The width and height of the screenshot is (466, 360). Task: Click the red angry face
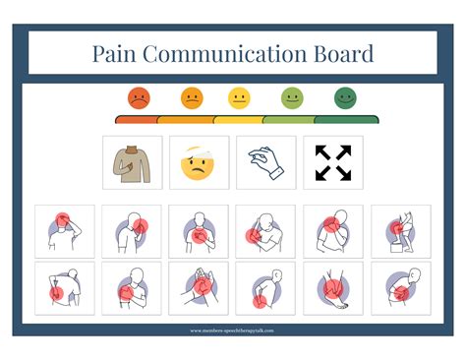(139, 98)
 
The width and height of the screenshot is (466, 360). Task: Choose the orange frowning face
(191, 98)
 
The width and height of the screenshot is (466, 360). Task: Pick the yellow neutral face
(239, 98)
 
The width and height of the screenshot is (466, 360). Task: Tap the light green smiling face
(292, 98)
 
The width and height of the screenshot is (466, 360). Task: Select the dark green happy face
(344, 98)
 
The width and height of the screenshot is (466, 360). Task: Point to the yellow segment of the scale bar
(239, 119)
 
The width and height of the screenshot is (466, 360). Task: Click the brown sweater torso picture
(133, 162)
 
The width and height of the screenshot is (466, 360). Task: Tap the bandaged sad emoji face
(199, 162)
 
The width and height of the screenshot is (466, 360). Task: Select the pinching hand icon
(265, 162)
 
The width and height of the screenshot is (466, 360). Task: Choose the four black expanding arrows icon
(332, 162)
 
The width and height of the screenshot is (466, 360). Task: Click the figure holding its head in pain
(65, 231)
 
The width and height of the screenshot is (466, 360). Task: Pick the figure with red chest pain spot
(199, 231)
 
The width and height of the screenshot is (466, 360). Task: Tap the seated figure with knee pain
(399, 231)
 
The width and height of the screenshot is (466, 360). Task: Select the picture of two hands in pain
(199, 287)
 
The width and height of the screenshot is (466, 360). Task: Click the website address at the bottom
(233, 330)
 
